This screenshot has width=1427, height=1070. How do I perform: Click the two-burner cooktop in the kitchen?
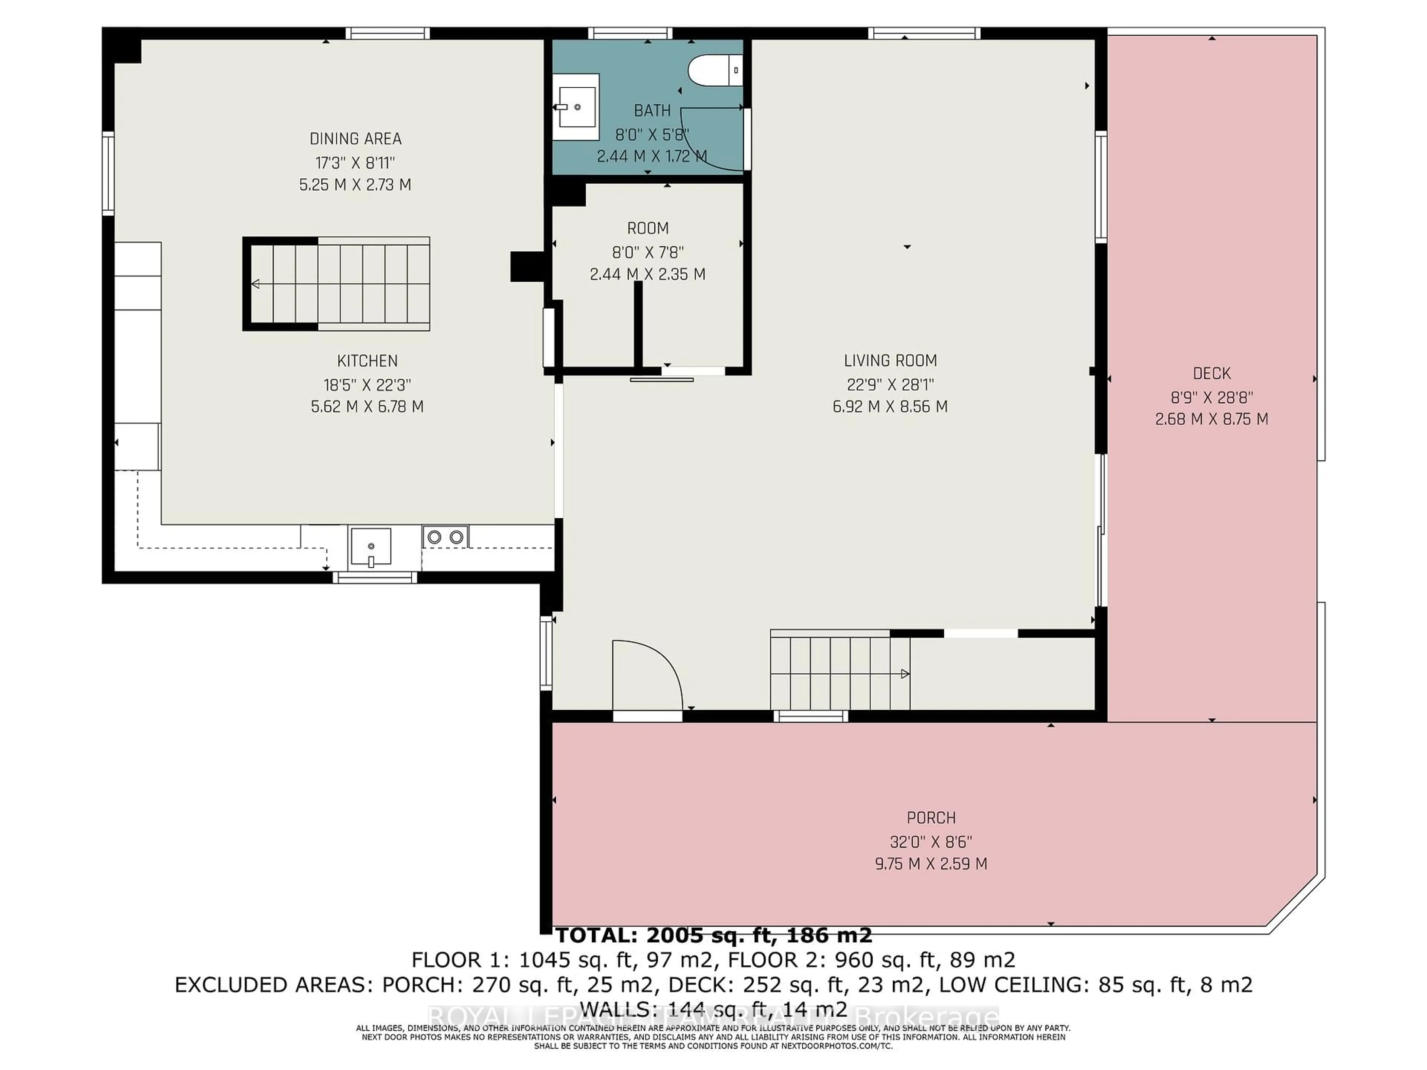click(x=445, y=536)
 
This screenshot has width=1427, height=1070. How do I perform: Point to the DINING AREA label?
click(x=356, y=139)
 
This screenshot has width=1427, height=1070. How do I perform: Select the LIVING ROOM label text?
click(x=890, y=360)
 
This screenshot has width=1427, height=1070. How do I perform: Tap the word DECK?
click(x=1211, y=373)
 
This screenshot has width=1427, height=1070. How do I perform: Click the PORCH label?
click(x=931, y=818)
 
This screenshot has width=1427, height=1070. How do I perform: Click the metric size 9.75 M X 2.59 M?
click(x=931, y=863)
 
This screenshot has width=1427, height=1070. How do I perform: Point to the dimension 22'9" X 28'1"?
click(x=890, y=385)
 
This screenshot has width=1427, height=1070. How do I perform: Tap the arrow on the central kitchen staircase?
click(x=255, y=284)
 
